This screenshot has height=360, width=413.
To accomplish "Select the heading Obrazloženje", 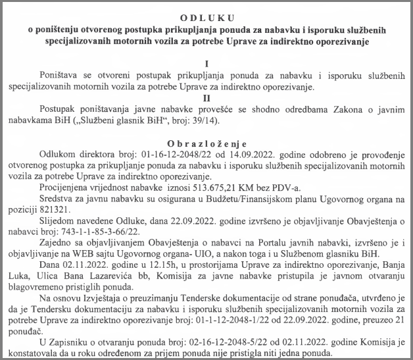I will point(206,141).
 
